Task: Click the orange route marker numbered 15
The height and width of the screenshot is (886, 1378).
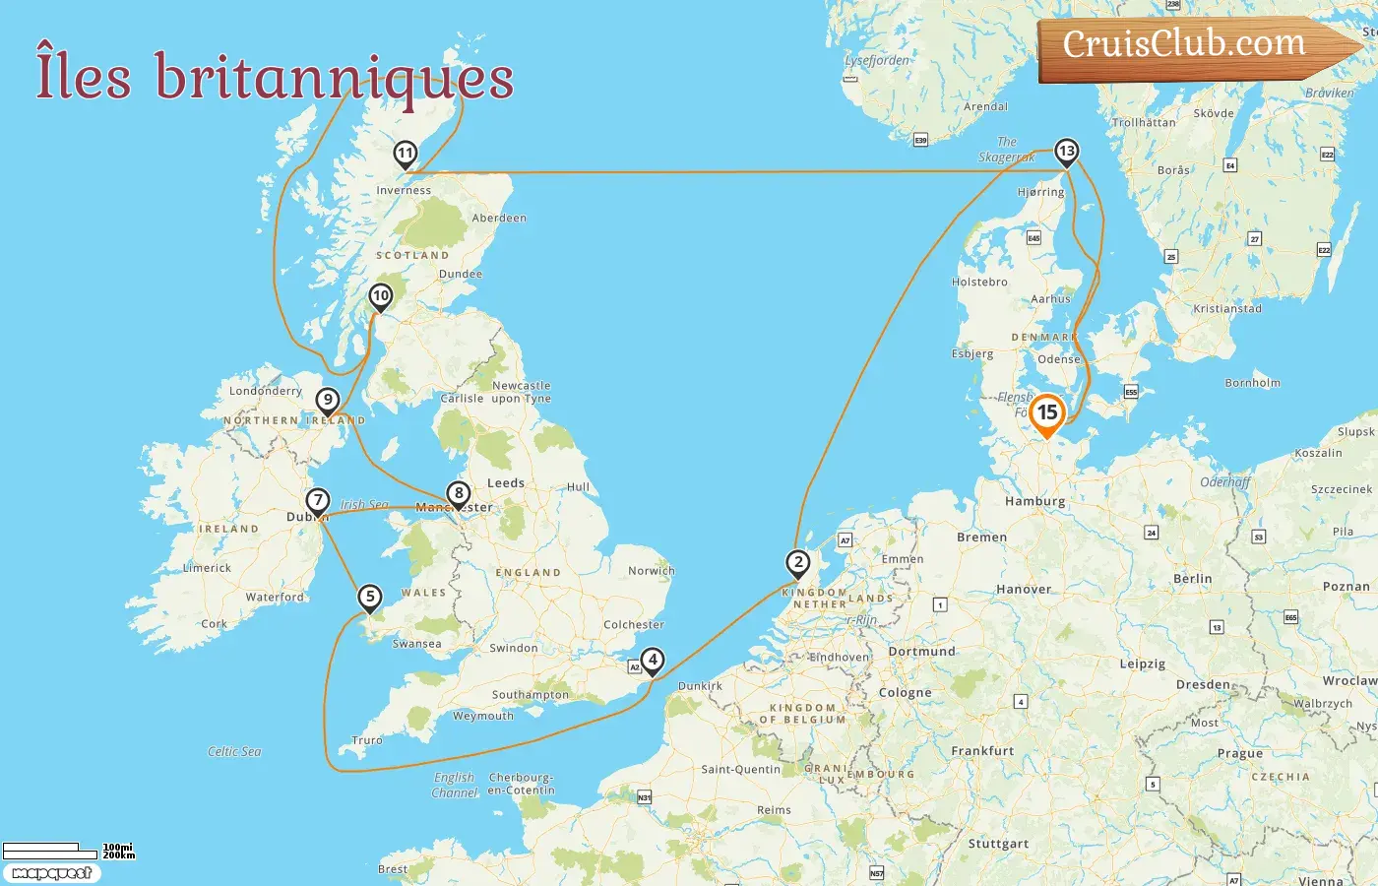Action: tap(1047, 413)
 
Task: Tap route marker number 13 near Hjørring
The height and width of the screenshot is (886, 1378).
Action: tap(1066, 152)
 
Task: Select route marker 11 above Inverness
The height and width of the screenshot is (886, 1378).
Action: tap(405, 154)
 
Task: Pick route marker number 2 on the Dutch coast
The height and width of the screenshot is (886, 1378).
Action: tap(797, 563)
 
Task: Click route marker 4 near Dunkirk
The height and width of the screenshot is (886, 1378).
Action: tap(652, 661)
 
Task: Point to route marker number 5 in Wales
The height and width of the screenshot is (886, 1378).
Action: tap(369, 597)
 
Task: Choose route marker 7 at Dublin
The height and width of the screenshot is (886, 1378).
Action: tap(317, 500)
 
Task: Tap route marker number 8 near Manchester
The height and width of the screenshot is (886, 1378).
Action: tap(458, 493)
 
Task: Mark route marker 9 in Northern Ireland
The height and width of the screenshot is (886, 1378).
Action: tap(328, 400)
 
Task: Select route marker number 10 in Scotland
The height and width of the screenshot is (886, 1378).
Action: tap(380, 295)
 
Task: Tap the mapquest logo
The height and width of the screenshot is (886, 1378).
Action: tap(51, 872)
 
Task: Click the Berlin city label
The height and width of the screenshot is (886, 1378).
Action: tap(1192, 579)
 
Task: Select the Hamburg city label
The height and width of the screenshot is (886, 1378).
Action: tap(1034, 501)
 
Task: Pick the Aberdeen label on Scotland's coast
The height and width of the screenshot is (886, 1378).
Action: tap(499, 218)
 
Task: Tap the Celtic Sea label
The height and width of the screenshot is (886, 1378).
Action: tap(234, 751)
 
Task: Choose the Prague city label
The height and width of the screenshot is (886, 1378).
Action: tap(1239, 753)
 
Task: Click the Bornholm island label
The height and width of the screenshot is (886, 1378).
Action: tap(1252, 383)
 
